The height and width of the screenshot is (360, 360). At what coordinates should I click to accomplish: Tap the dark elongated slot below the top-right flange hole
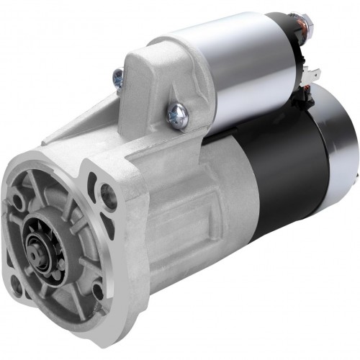point(108,225)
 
